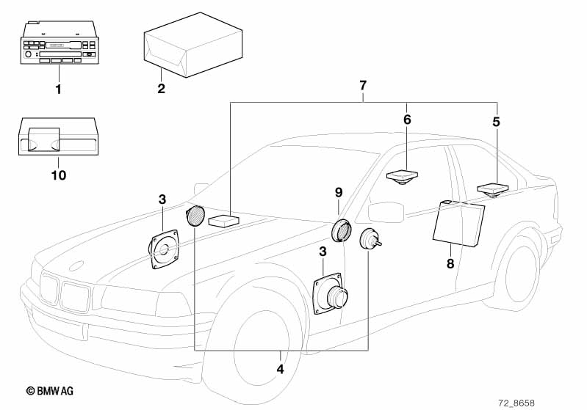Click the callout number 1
click(59, 89)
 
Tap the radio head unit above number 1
click(57, 46)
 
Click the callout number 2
click(161, 89)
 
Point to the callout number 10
click(58, 175)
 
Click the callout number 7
click(363, 86)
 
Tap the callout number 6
click(408, 119)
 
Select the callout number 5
click(496, 122)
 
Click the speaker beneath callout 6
click(403, 177)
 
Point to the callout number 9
click(339, 192)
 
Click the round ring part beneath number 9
click(341, 230)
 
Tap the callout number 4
click(279, 368)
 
